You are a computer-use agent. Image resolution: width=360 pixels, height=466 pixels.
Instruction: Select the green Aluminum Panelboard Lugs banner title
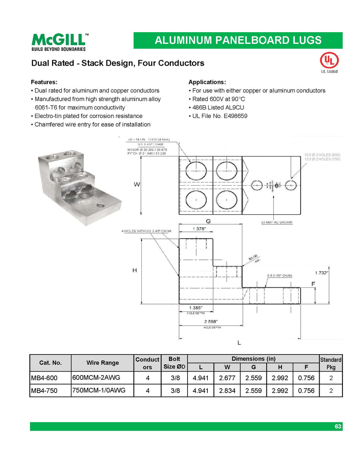point(238,40)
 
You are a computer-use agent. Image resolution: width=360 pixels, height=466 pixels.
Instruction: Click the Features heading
point(44,82)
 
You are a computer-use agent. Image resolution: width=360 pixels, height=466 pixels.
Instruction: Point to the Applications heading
point(207,82)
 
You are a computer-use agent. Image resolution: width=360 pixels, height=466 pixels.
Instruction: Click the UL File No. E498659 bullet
point(219,116)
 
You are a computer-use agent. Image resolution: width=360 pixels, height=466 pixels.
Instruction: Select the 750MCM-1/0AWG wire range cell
point(99,390)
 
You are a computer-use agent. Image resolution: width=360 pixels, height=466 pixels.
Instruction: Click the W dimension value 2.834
point(227,391)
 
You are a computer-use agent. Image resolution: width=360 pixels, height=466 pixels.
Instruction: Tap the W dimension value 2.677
point(227,378)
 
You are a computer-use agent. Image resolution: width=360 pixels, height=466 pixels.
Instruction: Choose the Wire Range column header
point(103,363)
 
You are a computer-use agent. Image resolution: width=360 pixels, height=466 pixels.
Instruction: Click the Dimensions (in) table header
point(254,359)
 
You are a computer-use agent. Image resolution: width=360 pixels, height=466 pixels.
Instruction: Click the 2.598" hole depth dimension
point(210,322)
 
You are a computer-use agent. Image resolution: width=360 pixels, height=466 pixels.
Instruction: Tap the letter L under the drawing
point(239,343)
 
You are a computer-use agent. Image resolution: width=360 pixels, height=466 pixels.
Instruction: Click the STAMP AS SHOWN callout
point(277,223)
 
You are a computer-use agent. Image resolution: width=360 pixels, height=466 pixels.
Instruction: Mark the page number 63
point(338,426)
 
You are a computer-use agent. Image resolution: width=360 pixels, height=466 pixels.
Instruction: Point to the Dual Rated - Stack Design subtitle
point(118,63)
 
